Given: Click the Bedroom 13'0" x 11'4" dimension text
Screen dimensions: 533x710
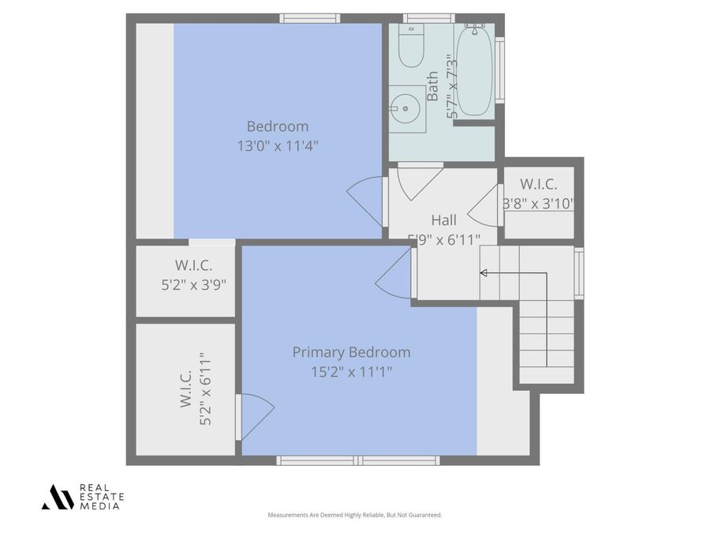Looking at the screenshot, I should tap(278, 145).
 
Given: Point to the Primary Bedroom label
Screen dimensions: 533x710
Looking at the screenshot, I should tap(351, 352).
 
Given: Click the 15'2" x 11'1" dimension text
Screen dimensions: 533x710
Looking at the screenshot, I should tap(351, 371).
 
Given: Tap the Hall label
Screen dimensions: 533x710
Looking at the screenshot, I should tap(443, 220).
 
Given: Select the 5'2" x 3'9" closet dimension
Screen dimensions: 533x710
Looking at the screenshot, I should tap(193, 285).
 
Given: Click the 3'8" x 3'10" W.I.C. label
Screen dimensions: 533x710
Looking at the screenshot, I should tap(539, 203).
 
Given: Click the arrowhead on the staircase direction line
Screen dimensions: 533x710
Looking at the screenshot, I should tap(484, 273).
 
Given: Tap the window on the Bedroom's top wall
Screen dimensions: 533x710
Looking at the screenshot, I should tap(309, 18).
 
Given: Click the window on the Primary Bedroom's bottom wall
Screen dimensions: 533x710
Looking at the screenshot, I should tap(357, 460).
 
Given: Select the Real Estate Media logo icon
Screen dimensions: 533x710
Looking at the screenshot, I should tap(57, 497).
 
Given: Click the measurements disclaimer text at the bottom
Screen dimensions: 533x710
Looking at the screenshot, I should tap(355, 515).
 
